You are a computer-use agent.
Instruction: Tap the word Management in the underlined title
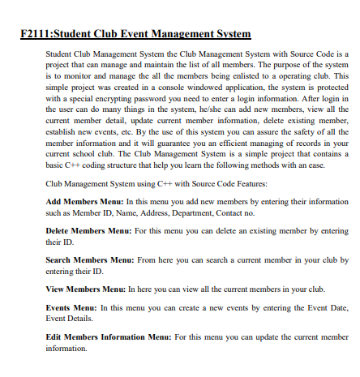pos(177,34)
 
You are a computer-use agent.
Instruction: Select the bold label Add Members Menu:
pos(84,200)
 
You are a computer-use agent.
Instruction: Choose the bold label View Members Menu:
pos(85,289)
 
